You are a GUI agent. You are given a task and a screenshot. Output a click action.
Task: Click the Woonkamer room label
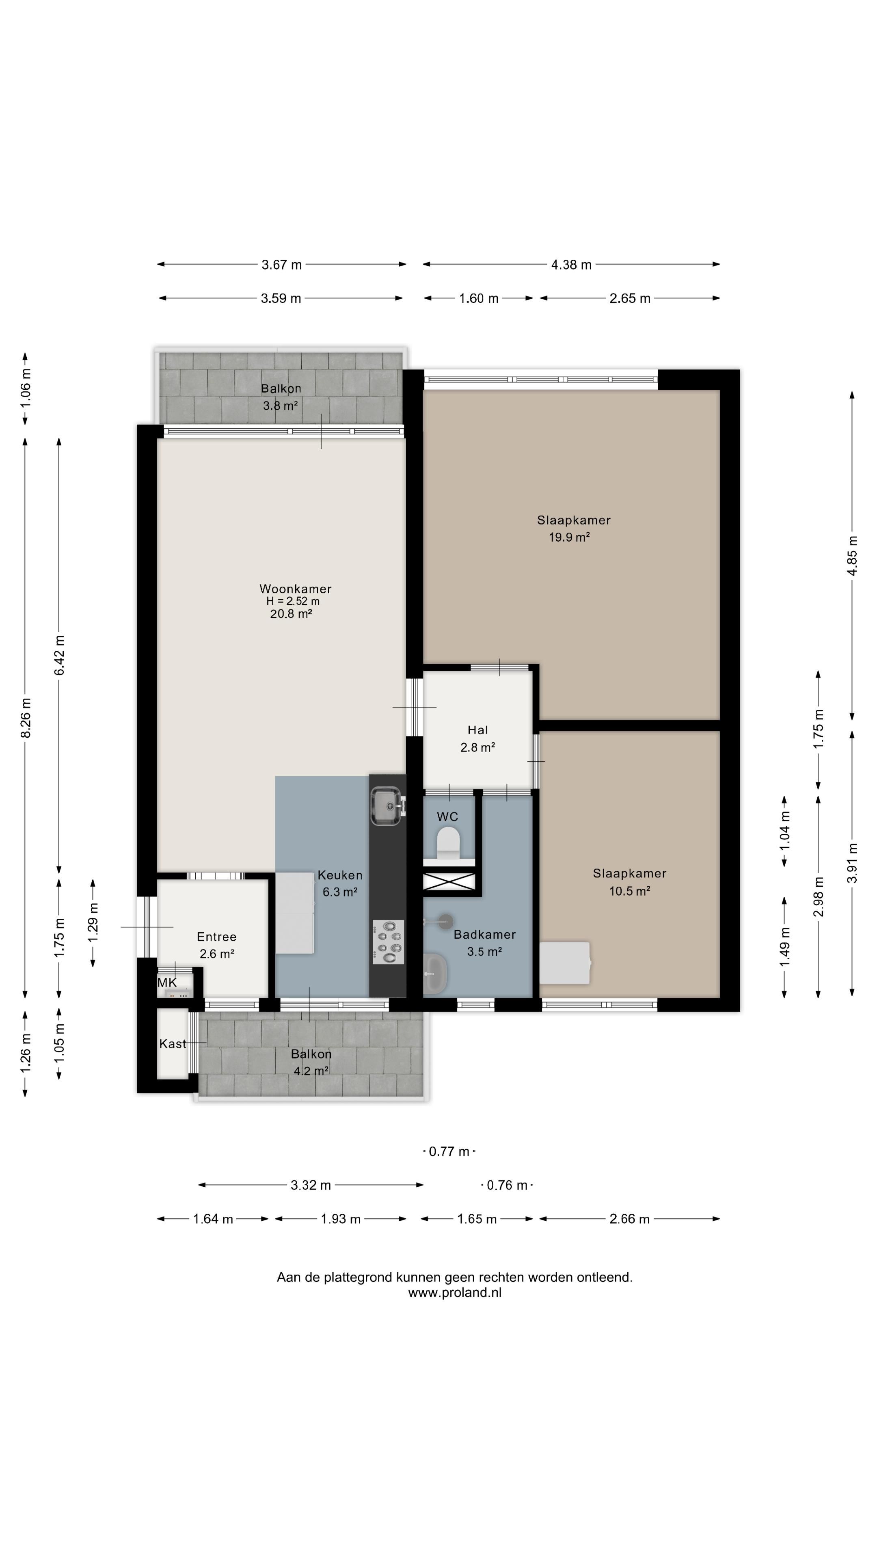tap(295, 588)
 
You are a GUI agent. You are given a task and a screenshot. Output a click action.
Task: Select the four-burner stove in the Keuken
tap(387, 942)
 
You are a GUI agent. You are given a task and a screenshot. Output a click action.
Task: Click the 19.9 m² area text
tap(569, 537)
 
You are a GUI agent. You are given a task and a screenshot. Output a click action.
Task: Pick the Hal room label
tap(477, 730)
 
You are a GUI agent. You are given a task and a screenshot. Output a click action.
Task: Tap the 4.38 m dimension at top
tap(571, 264)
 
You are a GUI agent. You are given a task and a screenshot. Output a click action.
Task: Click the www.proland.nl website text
tap(455, 1293)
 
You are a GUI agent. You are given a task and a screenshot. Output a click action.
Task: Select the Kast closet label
tap(173, 1043)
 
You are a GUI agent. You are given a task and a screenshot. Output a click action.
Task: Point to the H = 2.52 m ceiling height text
tap(293, 601)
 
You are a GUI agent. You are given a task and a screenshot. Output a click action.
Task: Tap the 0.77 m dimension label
tap(449, 1151)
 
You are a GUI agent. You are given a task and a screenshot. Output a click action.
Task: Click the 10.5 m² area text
tap(629, 890)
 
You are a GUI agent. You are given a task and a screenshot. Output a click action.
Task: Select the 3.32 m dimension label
tap(311, 1185)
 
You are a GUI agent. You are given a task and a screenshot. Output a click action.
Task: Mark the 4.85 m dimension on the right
tap(852, 555)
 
